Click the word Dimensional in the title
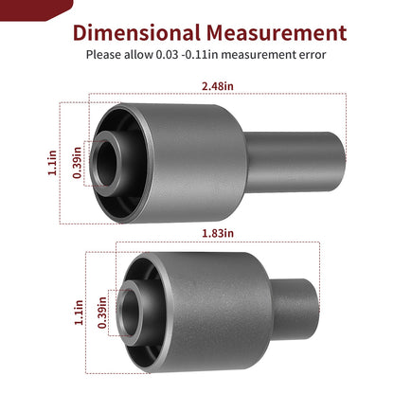[136, 33]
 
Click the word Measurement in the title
[277, 33]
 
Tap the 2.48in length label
[218, 86]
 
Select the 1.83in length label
[218, 233]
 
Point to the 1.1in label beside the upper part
[52, 163]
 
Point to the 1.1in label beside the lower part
[79, 313]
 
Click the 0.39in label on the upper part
[78, 163]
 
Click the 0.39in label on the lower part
[102, 313]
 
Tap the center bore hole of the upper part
[106, 164]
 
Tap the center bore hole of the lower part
[130, 313]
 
